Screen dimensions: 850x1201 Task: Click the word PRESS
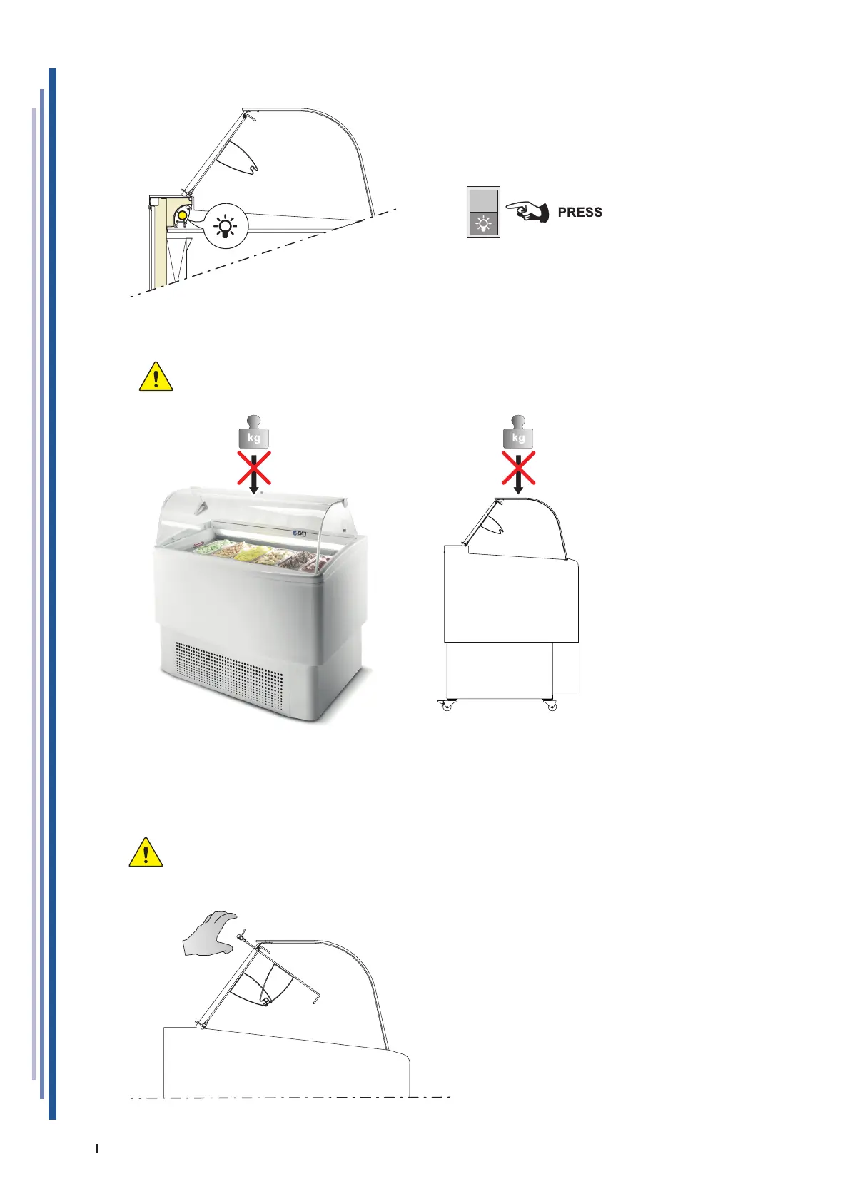point(580,213)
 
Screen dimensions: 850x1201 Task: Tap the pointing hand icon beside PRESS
point(527,212)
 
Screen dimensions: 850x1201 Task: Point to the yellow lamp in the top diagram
point(183,214)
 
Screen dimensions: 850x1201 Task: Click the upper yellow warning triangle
point(156,377)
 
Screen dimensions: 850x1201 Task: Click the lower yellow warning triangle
point(146,852)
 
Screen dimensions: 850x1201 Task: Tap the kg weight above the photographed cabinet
point(253,434)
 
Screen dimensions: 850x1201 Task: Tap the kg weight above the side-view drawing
point(518,434)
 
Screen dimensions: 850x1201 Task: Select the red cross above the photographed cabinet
point(254,468)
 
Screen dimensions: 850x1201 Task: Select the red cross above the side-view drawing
point(519,468)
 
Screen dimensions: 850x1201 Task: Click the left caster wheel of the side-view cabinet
point(447,705)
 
